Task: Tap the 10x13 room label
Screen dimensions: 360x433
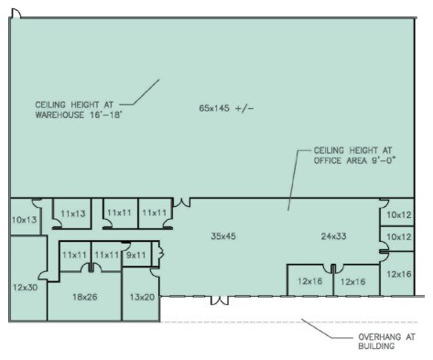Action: [x=24, y=220]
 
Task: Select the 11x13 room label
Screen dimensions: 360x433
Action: [x=72, y=213]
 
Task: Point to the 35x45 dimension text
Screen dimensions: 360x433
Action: [x=223, y=236]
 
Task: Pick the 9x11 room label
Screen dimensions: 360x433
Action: [x=136, y=255]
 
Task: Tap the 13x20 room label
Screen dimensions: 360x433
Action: [x=142, y=298]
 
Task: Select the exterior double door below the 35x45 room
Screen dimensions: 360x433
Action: [x=220, y=299]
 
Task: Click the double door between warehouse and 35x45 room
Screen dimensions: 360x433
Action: [x=183, y=202]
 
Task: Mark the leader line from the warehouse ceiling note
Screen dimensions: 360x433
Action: [x=141, y=91]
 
